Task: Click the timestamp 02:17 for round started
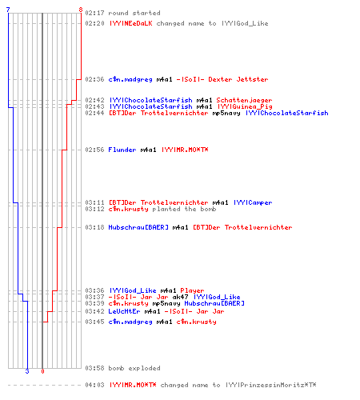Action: [x=94, y=13]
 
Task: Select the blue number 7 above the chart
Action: [x=8, y=10]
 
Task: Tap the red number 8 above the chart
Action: [x=81, y=10]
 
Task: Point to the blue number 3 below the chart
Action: [x=27, y=371]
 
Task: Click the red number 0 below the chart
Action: [x=42, y=371]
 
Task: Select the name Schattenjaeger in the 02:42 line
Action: [x=244, y=100]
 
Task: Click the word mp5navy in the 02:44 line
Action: [x=226, y=113]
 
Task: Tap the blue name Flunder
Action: [x=122, y=150]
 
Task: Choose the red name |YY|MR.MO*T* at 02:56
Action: [x=185, y=150]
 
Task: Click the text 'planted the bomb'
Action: [x=184, y=209]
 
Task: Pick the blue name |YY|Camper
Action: [x=253, y=202]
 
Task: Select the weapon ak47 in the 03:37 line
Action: [x=180, y=297]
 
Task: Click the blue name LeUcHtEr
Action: [x=124, y=311]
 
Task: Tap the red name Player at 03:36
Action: [x=192, y=290]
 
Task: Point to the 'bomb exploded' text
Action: [x=134, y=368]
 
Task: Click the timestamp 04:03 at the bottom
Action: [x=94, y=385]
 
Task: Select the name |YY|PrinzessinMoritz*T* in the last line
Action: [x=271, y=385]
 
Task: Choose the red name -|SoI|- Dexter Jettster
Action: [x=222, y=79]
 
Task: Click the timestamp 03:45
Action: [x=94, y=322]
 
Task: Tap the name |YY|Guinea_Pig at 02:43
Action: [x=245, y=106]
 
